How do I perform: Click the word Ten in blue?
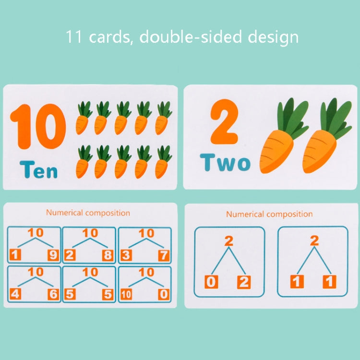[x=38, y=169]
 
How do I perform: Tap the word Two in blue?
[x=225, y=163]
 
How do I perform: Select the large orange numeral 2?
[x=224, y=122]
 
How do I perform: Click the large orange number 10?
[x=38, y=126]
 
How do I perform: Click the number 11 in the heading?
[x=73, y=37]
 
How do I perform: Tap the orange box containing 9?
[x=53, y=255]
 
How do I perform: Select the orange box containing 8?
[x=108, y=255]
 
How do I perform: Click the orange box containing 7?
[x=164, y=256]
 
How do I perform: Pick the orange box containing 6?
[x=53, y=294]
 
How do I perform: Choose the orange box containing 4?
[x=15, y=294]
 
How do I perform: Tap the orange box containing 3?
[x=126, y=255]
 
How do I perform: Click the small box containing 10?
[x=126, y=295]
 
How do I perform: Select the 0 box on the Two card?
[x=211, y=282]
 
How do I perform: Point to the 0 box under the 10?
[x=164, y=295]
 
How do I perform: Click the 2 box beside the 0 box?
[x=244, y=282]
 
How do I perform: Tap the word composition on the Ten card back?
[x=108, y=213]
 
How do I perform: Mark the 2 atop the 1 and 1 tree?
[x=314, y=241]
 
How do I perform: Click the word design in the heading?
[x=273, y=37]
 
